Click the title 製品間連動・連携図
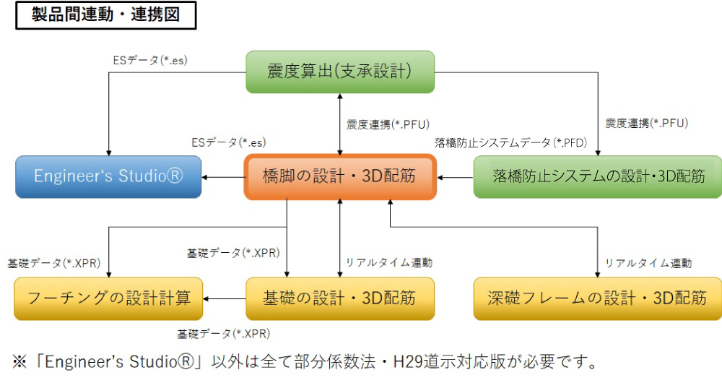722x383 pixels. [x=106, y=14]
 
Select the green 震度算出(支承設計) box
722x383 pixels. [x=340, y=72]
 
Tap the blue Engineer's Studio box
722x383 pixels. [x=109, y=176]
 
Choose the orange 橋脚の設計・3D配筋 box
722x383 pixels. [x=340, y=176]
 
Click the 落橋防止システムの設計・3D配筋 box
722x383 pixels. [x=598, y=176]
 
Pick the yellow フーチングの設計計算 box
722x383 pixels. [x=109, y=298]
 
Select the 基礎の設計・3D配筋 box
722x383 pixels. [x=340, y=298]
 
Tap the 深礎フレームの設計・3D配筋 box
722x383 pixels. [x=598, y=298]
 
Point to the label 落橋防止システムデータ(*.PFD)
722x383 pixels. [x=510, y=143]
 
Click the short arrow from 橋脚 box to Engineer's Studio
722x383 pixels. [x=223, y=178]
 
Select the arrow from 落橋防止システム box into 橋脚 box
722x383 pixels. [x=456, y=178]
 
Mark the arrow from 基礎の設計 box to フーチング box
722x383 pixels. [x=225, y=298]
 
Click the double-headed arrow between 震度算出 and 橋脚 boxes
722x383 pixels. [x=340, y=124]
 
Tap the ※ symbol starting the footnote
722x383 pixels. [x=19, y=362]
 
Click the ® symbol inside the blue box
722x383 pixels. [x=174, y=176]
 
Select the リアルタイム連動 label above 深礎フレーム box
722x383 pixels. [x=648, y=263]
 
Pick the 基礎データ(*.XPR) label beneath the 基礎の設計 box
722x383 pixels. [x=224, y=334]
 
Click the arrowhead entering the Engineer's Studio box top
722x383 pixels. [x=109, y=152]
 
